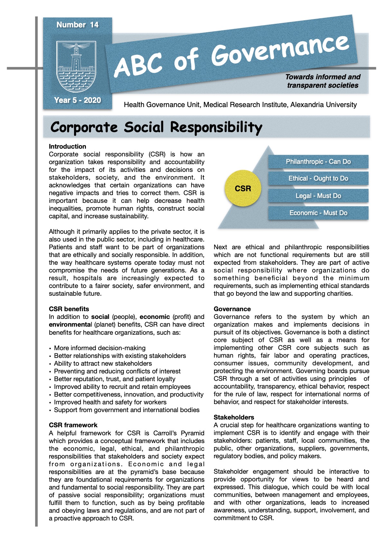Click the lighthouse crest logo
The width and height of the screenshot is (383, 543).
[76, 67]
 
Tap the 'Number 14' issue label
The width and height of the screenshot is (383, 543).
[77, 25]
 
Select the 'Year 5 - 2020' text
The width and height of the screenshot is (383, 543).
[78, 100]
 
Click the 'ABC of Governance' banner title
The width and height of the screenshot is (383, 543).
[231, 56]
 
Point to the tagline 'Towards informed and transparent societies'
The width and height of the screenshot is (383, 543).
[322, 81]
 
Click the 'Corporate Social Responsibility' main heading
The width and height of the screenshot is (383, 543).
[156, 127]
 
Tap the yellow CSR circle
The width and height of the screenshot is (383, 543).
[243, 188]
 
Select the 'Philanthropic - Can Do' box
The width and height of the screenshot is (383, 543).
[318, 162]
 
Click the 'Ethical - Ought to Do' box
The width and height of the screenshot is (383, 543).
[318, 178]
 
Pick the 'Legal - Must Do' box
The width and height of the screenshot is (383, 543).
[318, 196]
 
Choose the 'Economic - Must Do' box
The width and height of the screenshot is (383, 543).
[318, 213]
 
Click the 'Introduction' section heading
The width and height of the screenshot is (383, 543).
[68, 146]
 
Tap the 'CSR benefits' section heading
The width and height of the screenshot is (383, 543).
[69, 309]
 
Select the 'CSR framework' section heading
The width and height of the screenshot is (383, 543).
[73, 425]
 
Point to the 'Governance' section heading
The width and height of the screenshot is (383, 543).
[232, 309]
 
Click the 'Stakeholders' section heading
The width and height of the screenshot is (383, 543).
[234, 417]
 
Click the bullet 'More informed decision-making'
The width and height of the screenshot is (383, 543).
[100, 348]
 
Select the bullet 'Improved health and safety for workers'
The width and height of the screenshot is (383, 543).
[110, 402]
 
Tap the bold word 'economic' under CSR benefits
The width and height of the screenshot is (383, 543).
[154, 317]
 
